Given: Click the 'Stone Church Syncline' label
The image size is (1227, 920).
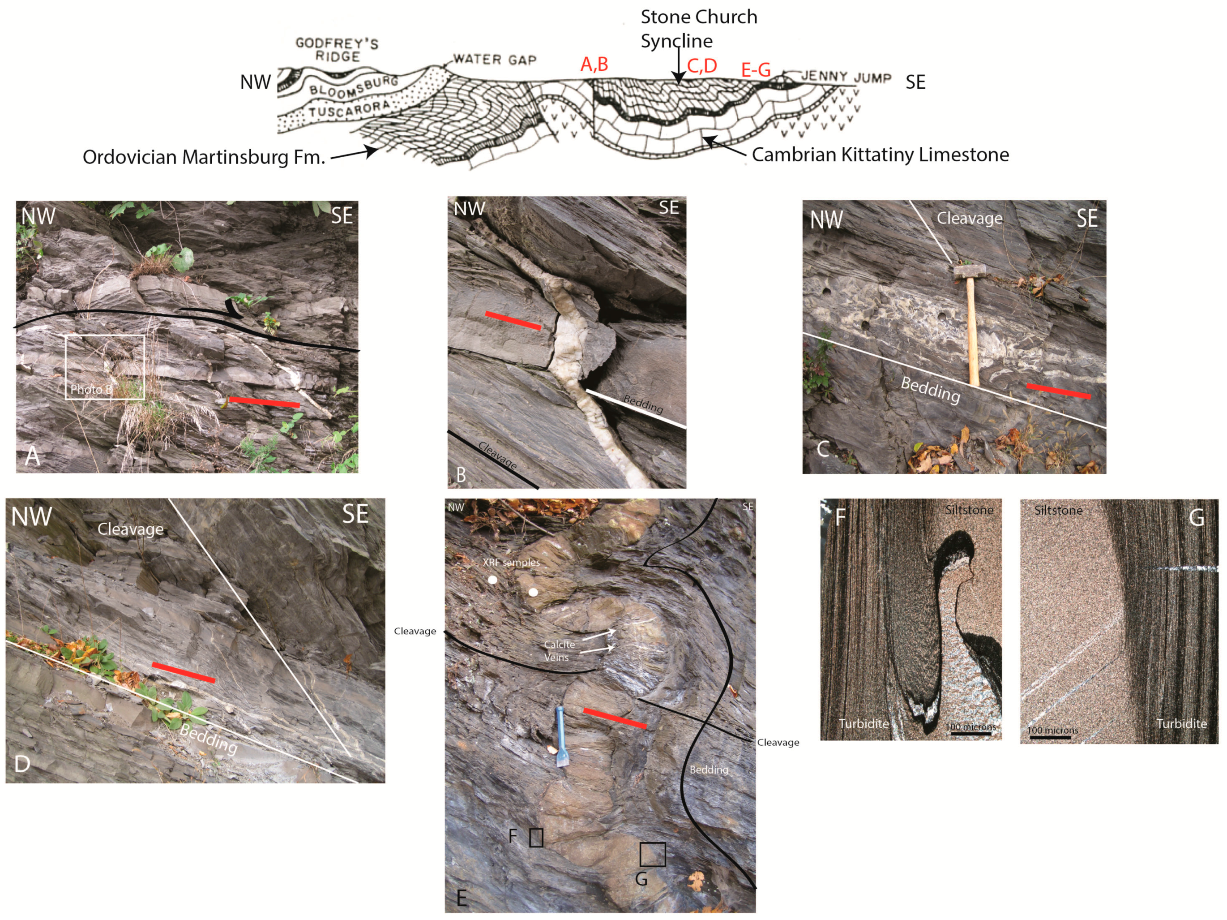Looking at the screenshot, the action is (x=699, y=29).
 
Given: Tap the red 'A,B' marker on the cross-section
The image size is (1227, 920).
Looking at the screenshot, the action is (x=594, y=64).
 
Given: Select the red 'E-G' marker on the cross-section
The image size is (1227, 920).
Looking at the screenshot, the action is (x=756, y=70).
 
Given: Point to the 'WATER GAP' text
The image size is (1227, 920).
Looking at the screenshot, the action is (x=495, y=60).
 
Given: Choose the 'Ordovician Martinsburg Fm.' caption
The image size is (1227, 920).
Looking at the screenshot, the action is (x=204, y=157).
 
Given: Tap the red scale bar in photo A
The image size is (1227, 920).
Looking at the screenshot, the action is (x=265, y=402).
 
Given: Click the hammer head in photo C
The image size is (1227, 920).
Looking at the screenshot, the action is (x=969, y=271).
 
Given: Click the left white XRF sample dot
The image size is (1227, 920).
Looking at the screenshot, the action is (x=492, y=580).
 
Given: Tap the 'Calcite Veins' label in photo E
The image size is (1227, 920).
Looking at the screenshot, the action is (x=559, y=651).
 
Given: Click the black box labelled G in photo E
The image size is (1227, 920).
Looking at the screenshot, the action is (x=652, y=855).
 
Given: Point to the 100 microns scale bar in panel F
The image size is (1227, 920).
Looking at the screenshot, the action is (x=971, y=734).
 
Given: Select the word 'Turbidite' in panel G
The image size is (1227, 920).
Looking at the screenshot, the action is (x=1181, y=723).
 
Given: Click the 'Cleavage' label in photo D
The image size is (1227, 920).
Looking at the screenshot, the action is (x=130, y=529).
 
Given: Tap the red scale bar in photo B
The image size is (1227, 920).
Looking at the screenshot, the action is (x=513, y=321).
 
